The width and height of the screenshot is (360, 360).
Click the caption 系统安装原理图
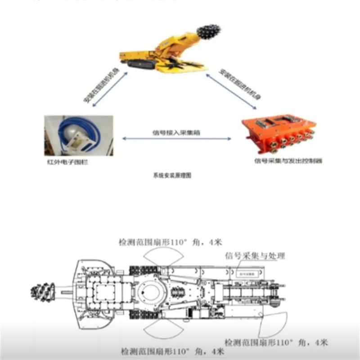tap(172, 176)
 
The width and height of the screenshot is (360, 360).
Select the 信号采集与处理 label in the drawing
tap(255, 256)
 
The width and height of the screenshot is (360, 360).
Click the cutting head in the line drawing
tap(42, 292)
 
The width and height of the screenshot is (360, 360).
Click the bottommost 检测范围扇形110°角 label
tap(173, 351)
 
